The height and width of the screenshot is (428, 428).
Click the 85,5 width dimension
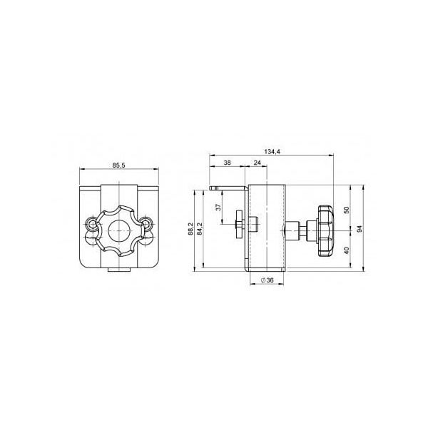118,165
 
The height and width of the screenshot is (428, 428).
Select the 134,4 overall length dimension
272,151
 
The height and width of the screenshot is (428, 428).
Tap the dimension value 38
227,163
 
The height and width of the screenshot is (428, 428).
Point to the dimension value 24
258,163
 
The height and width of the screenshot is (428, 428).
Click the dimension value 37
218,207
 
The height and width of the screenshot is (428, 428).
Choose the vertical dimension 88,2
190,228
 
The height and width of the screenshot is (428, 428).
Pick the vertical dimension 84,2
200,228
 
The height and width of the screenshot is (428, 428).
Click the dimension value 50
347,210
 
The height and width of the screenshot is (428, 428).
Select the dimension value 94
360,229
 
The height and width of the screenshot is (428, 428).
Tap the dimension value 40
347,250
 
